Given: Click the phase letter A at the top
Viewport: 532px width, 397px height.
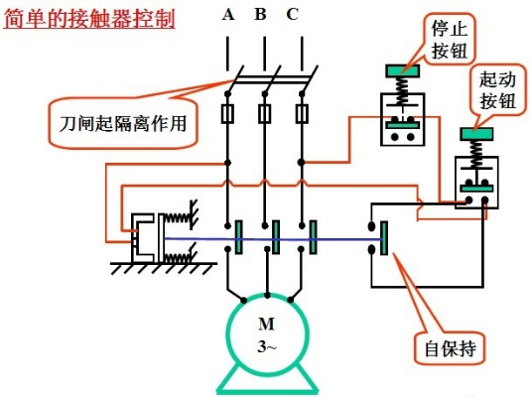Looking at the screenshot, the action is (x=228, y=15).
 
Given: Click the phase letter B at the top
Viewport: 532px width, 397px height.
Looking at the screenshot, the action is (x=260, y=14).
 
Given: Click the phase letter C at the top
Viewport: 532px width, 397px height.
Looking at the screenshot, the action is (x=292, y=15).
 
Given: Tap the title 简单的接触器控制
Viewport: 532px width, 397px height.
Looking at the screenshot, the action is (x=89, y=18).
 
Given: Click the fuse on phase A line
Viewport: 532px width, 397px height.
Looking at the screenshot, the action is (x=227, y=114).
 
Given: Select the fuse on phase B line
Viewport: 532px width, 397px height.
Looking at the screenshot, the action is (x=265, y=114).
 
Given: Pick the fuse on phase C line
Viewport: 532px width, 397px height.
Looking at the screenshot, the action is (x=302, y=114).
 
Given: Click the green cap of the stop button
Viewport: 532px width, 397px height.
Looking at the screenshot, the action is (x=402, y=70).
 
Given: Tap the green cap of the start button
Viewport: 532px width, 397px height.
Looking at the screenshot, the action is (x=476, y=134).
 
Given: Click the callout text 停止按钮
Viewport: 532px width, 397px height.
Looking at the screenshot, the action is (x=450, y=40).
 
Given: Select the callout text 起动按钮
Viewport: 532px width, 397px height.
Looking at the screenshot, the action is (x=497, y=90).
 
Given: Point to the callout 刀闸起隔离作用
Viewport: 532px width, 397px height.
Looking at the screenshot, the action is (x=123, y=123).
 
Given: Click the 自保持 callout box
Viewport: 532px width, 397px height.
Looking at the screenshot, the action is (x=451, y=348).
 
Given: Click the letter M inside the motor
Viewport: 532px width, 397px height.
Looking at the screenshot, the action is (x=266, y=324).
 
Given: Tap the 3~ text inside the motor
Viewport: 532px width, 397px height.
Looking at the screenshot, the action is (x=267, y=346).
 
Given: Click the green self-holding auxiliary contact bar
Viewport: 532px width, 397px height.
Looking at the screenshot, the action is (x=384, y=238).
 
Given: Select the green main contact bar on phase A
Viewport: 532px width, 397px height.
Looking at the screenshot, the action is (x=239, y=237).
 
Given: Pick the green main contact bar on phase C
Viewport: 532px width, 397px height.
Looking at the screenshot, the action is (x=314, y=237).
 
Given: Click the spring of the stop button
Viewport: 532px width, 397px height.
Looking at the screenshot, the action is (x=402, y=89).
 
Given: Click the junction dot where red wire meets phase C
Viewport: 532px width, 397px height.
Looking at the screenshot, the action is (x=302, y=163).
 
